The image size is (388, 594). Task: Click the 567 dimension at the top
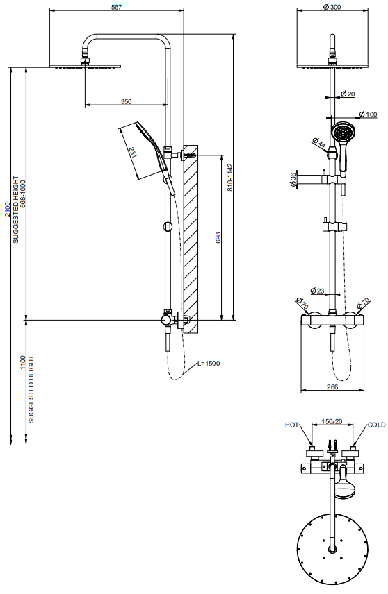117,7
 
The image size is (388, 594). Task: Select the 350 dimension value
126,101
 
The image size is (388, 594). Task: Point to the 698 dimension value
218,237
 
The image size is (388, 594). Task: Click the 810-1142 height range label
229,177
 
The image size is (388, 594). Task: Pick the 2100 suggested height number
8,210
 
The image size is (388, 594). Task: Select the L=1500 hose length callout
209,364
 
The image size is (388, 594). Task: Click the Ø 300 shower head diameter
332,7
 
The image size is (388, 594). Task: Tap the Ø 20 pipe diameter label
348,94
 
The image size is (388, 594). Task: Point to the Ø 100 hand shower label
368,114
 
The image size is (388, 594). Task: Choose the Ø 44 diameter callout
319,143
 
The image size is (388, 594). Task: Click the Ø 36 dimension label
293,179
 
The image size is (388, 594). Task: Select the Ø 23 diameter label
317,291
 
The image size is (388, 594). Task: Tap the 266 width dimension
332,387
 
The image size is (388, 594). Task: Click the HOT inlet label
291,425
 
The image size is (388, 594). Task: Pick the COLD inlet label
377,425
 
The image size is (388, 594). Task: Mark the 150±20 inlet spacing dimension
332,421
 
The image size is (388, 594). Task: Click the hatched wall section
191,239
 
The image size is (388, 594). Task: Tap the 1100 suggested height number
23,363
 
